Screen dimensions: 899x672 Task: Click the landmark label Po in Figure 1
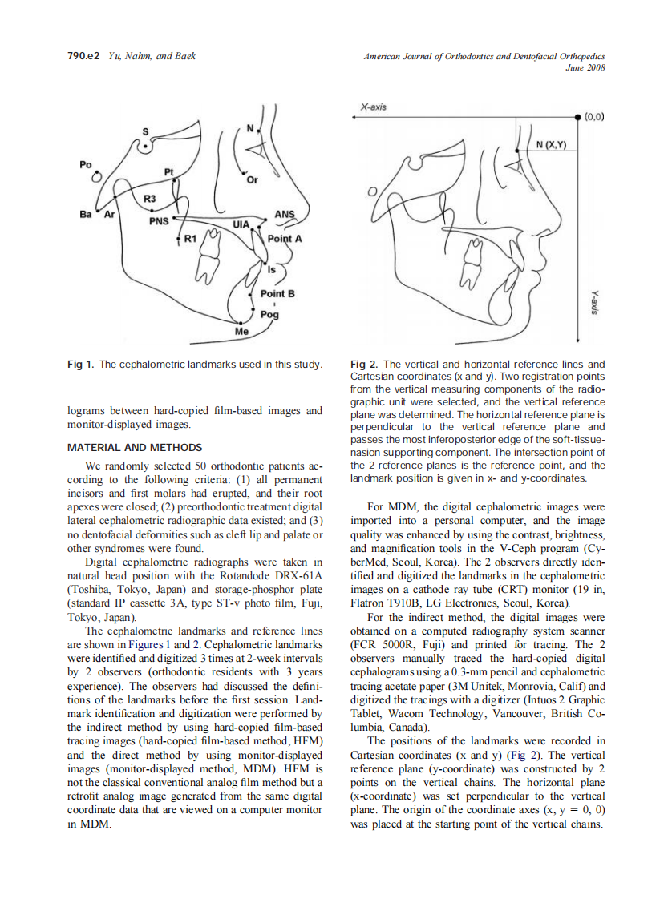point(86,163)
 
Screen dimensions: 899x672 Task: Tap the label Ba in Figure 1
point(85,215)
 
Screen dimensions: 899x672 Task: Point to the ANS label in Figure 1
point(285,214)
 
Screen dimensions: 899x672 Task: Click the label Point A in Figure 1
point(285,239)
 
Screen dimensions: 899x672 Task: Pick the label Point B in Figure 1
point(277,294)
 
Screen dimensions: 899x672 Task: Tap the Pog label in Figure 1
point(270,315)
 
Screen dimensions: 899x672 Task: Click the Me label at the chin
point(241,331)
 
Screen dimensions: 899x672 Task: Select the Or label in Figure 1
point(252,180)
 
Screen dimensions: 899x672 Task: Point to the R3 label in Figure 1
point(150,197)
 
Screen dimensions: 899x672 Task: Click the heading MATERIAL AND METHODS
point(135,447)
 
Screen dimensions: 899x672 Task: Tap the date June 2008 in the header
point(585,68)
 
